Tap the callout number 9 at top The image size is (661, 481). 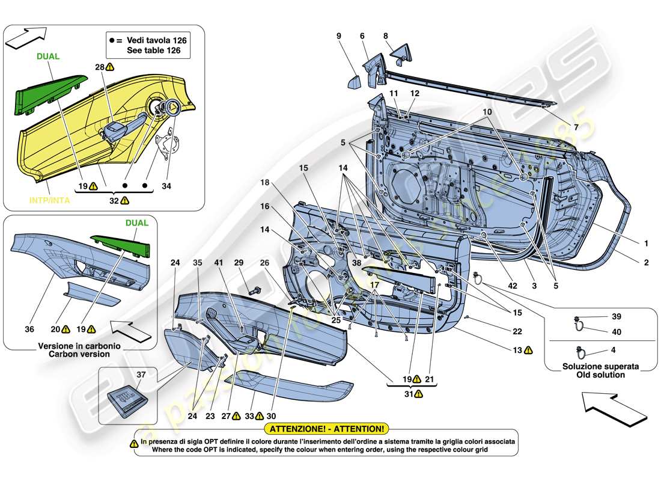(x=338, y=36)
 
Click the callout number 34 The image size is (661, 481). (x=166, y=186)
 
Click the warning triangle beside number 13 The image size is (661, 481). (x=528, y=350)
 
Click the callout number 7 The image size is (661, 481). (x=575, y=128)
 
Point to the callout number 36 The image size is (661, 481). (x=29, y=329)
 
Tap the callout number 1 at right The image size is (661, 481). (x=645, y=244)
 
